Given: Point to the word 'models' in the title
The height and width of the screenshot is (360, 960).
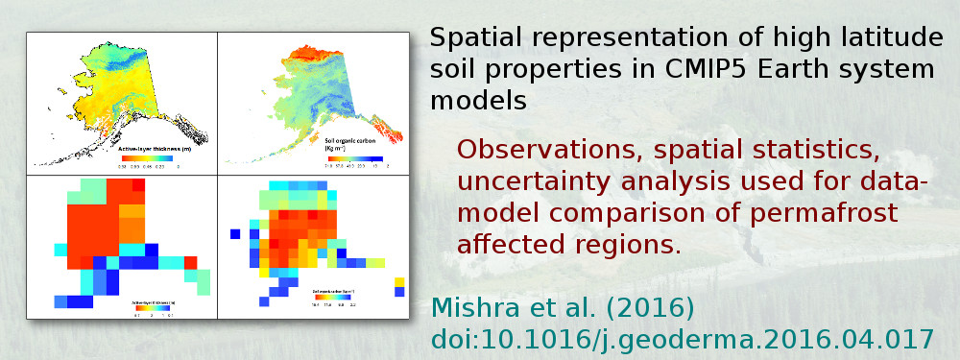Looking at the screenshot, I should click(479, 101).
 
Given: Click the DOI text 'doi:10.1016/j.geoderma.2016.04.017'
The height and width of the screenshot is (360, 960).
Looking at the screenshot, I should click(682, 339).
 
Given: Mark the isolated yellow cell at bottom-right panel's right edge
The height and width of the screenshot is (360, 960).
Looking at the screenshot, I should click(400, 280).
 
